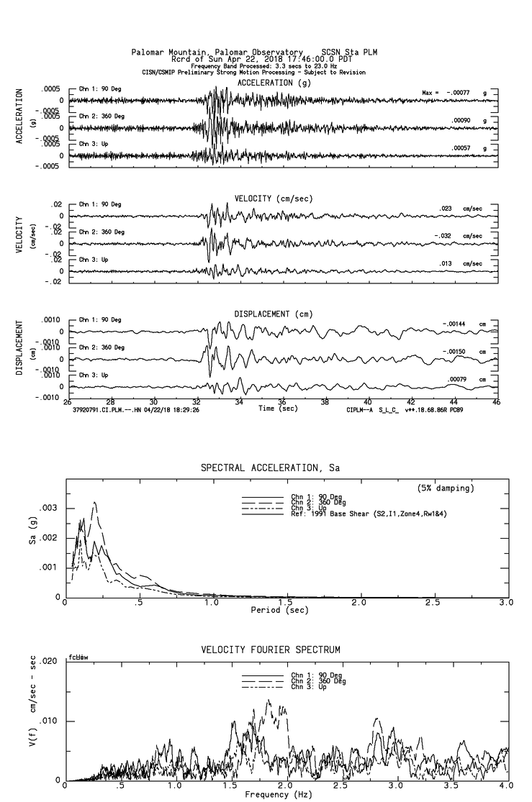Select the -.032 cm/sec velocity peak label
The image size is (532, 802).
point(446,236)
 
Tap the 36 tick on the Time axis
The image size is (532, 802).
point(282,402)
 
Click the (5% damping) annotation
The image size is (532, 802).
point(446,488)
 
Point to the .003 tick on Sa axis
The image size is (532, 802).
point(52,508)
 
